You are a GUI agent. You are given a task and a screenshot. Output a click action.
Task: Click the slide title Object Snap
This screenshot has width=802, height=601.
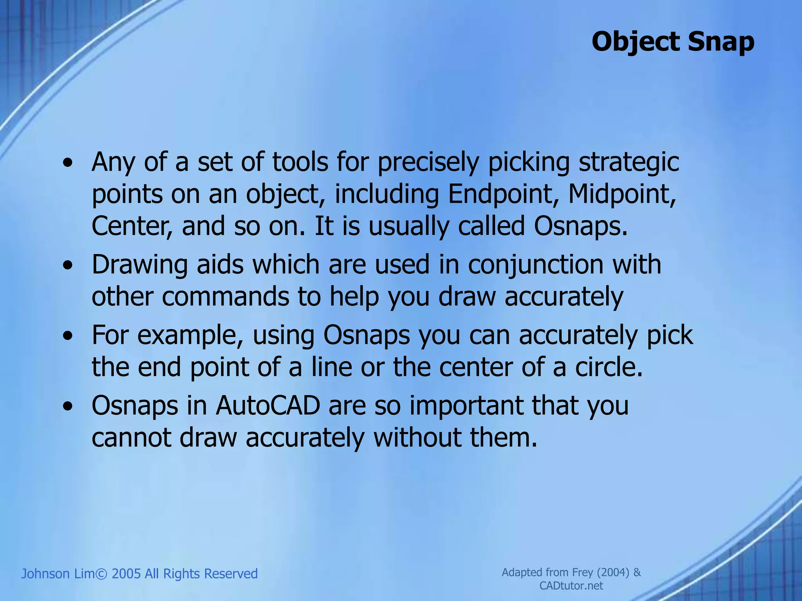(x=672, y=41)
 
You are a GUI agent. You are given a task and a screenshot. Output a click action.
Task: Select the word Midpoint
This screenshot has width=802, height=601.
(x=622, y=194)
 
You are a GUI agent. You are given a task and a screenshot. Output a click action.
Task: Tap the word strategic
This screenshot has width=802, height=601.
(x=629, y=163)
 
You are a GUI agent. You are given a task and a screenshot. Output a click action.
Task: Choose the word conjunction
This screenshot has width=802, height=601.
(x=536, y=265)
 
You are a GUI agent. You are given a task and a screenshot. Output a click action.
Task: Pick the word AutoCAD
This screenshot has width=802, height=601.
(x=268, y=406)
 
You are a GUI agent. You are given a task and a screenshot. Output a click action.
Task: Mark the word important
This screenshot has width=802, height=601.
(x=466, y=406)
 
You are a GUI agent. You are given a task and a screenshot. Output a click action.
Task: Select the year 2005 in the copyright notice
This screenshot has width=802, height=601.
(x=126, y=574)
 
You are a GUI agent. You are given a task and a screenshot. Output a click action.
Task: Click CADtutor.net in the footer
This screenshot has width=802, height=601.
(x=571, y=586)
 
